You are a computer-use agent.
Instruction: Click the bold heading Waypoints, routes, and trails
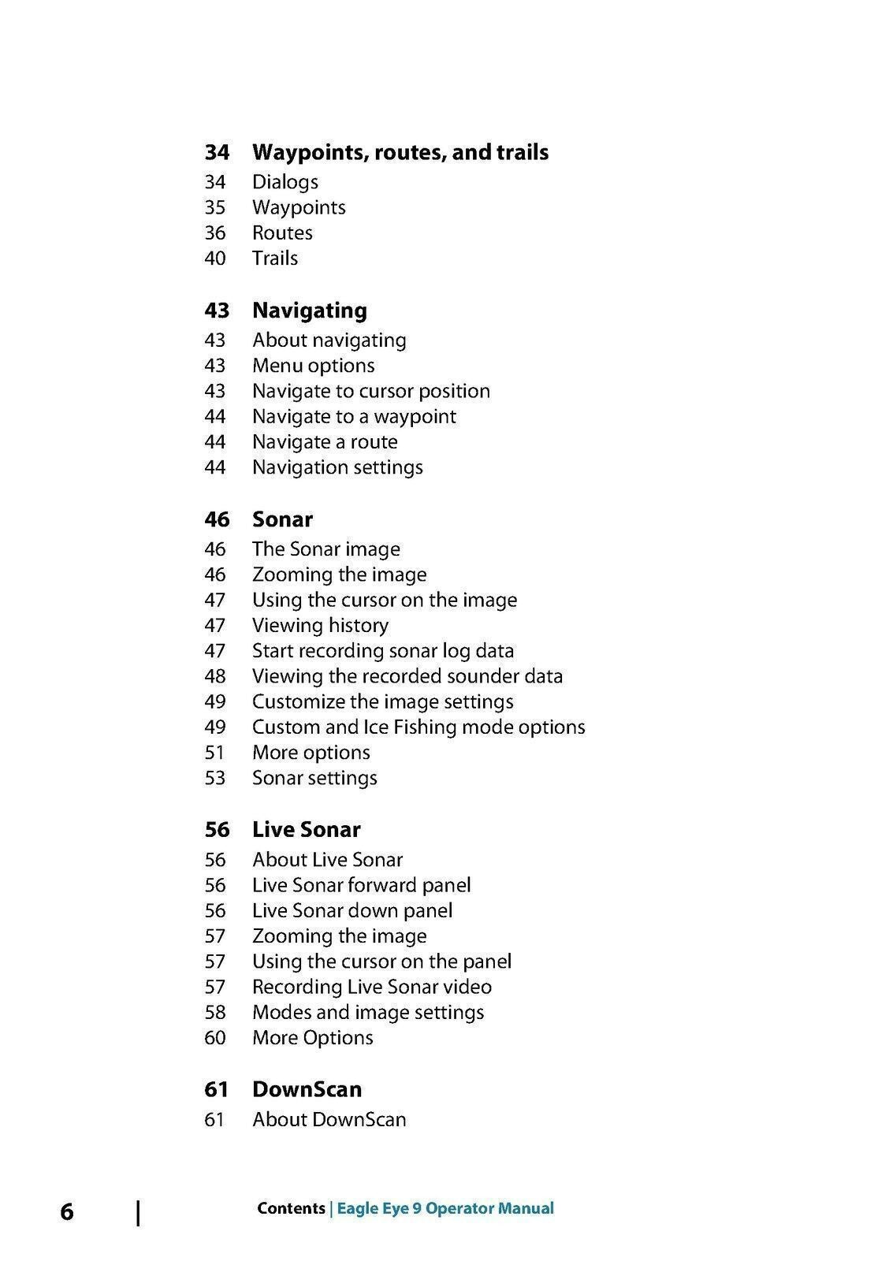[x=400, y=152]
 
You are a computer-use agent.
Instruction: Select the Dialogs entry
[x=285, y=182]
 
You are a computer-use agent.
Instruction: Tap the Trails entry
[x=274, y=259]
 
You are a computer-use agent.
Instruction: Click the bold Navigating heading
[x=309, y=311]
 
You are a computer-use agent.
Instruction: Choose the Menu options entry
[x=313, y=366]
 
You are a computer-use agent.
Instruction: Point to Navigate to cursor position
[x=370, y=391]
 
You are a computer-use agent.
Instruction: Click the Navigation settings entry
[x=337, y=467]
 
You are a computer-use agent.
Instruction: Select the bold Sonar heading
[x=282, y=519]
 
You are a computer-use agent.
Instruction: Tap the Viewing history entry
[x=320, y=626]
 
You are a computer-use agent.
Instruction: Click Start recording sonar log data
[x=382, y=651]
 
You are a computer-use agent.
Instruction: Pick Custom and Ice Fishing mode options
[x=418, y=727]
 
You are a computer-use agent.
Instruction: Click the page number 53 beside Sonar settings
[x=214, y=778]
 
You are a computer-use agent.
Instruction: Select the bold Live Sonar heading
[x=306, y=830]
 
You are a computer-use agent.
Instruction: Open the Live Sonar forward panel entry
[x=361, y=885]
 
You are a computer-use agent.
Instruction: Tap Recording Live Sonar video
[x=371, y=987]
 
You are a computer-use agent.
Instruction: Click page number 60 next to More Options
[x=214, y=1038]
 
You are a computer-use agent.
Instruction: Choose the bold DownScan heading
[x=307, y=1089]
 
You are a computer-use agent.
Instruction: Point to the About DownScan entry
[x=329, y=1119]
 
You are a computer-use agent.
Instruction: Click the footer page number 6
[x=67, y=1211]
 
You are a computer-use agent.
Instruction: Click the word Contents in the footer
[x=291, y=1208]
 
